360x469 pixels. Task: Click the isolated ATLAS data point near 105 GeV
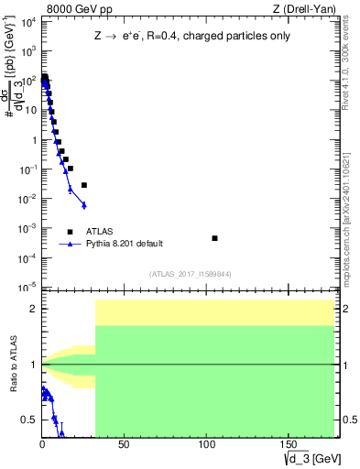point(214,238)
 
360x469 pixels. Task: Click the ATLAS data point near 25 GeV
point(83,185)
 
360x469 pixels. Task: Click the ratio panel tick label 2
point(34,309)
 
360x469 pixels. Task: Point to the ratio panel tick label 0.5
point(30,420)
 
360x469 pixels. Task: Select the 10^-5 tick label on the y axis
point(27,288)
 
